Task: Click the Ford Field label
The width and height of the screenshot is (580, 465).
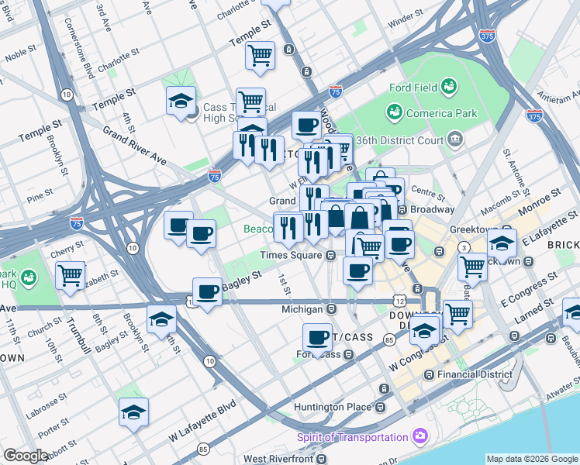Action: pos(414,88)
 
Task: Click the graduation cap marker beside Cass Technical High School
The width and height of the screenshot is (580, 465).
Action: pos(181,102)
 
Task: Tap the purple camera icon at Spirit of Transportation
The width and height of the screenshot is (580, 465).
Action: pos(419,437)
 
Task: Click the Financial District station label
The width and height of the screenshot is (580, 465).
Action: pos(475,374)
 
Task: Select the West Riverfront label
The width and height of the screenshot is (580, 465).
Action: pos(281,460)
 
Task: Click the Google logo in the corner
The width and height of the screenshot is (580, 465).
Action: pos(26,456)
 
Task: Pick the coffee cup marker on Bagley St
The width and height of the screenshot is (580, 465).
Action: pos(207,292)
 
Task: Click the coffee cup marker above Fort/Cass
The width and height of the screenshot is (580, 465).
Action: pos(317,338)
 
